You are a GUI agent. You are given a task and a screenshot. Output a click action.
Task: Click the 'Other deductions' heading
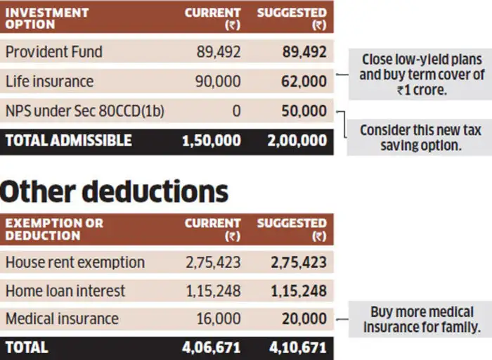pyautogui.click(x=115, y=191)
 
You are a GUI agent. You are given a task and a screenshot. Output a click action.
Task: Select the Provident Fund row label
pyautogui.click(x=53, y=52)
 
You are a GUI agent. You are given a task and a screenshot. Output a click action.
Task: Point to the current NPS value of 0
pyautogui.click(x=235, y=111)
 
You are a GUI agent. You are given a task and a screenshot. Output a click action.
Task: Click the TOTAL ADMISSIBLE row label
pyautogui.click(x=68, y=140)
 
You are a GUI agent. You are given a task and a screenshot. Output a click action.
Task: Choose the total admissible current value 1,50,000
pyautogui.click(x=211, y=140)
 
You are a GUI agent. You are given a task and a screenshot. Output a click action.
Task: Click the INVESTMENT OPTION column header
pyautogui.click(x=47, y=18)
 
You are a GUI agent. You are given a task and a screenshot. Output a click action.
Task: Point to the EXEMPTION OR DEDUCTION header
pyautogui.click(x=54, y=229)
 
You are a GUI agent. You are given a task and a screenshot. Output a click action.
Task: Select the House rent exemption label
pyautogui.click(x=75, y=262)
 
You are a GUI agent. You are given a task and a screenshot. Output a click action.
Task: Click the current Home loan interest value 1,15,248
pyautogui.click(x=213, y=290)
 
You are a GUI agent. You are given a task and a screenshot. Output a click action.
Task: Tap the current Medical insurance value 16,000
pyautogui.click(x=217, y=319)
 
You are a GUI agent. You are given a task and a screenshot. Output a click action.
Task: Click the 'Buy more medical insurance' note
pyautogui.click(x=422, y=319)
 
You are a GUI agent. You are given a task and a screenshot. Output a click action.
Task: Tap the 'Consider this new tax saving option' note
pyautogui.click(x=420, y=138)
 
